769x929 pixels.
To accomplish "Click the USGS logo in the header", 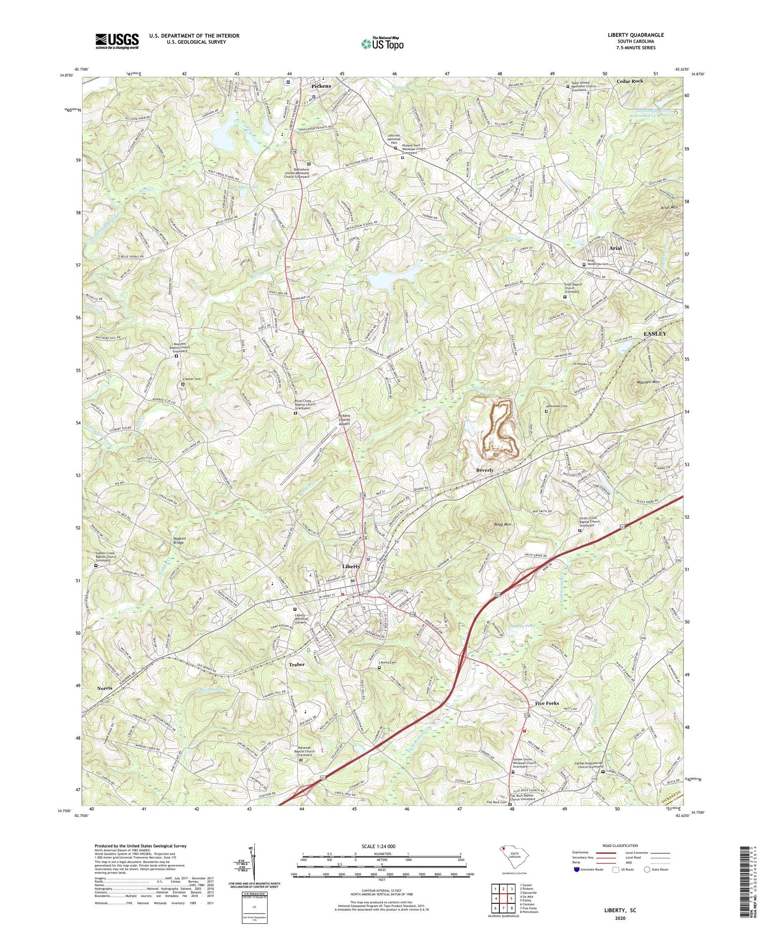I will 117,41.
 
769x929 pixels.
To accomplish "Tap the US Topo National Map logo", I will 382,44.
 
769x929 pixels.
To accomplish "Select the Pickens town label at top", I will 321,86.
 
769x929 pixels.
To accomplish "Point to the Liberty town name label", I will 351,566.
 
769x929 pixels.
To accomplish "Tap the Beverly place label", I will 485,470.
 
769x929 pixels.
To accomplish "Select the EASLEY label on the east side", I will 655,334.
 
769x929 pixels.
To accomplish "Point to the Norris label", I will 105,688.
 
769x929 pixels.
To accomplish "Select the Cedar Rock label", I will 630,81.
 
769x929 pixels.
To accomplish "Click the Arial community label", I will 615,248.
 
